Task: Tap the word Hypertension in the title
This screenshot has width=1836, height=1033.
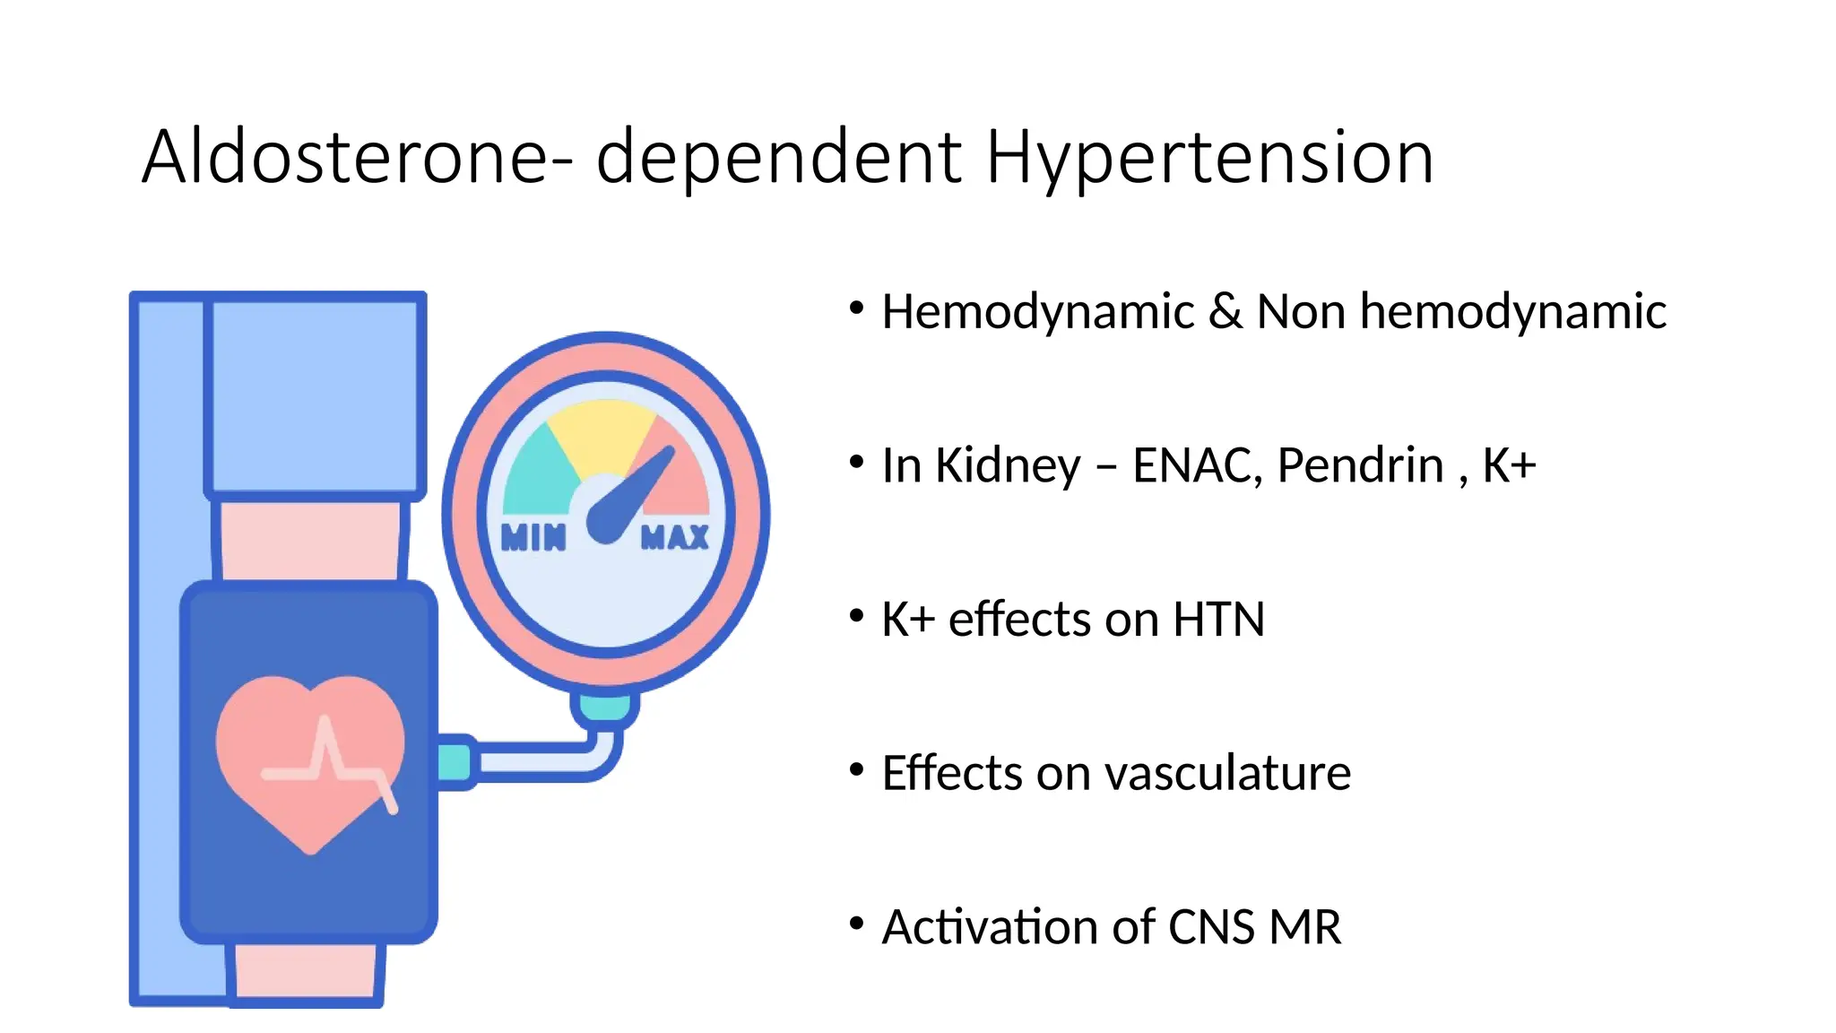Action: tap(1209, 160)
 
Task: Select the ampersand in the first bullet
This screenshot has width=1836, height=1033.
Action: tap(1225, 312)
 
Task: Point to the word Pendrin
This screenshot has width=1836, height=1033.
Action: tap(1360, 465)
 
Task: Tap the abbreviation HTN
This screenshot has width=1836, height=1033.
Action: tap(1218, 620)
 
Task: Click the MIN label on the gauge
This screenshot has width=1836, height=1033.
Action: tap(533, 537)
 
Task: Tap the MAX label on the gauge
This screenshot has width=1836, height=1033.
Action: tap(675, 537)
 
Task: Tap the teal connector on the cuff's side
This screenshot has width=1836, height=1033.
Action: tap(455, 762)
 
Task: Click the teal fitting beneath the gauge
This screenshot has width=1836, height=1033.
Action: tap(605, 707)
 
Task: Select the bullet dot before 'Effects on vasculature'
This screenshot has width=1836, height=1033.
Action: tap(856, 770)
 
